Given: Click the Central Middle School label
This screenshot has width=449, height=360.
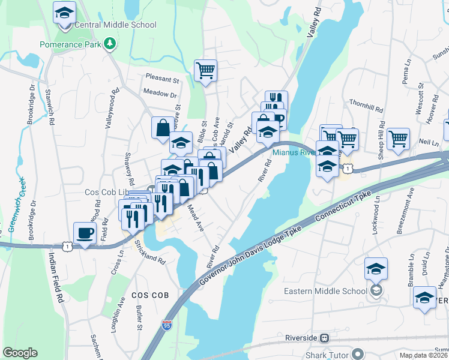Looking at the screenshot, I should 115,25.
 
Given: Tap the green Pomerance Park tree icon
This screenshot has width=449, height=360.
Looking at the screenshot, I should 109,44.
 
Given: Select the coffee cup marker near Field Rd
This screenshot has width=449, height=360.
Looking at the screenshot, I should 85,233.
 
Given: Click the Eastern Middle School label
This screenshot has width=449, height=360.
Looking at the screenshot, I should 325,292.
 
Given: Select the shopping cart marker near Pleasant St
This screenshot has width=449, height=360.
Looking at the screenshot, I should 205,71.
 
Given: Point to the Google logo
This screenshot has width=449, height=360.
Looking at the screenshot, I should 20,353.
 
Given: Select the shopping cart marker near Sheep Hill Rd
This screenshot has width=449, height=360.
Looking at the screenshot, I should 398,139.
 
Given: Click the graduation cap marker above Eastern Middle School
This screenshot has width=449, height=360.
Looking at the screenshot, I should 376,268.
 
